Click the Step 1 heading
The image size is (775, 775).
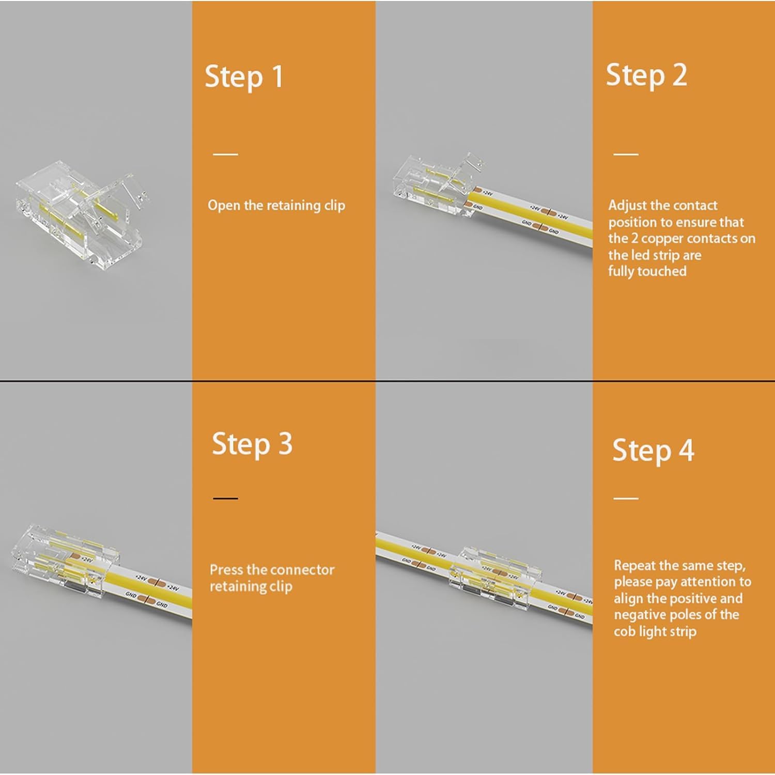[244, 77]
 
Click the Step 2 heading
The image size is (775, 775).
[646, 75]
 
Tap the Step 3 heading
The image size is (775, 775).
[252, 444]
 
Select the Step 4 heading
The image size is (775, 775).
[653, 451]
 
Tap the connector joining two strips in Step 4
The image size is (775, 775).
[496, 576]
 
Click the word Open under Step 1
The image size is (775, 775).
[224, 206]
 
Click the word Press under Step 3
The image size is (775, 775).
[226, 570]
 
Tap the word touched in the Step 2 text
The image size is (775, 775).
[663, 271]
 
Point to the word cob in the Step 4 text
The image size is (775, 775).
[625, 631]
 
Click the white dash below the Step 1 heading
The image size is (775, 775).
[225, 154]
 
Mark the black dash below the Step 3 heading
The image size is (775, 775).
[225, 499]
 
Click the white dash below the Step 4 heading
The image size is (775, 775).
[626, 499]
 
